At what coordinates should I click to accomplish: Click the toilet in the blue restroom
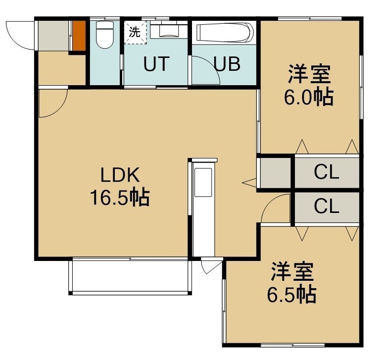104,35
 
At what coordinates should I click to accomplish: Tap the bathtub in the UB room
225,33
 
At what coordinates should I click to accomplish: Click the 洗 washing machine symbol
135,32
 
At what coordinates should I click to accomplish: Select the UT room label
156,64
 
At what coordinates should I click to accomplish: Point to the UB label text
227,64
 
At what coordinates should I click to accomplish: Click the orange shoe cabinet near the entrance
79,36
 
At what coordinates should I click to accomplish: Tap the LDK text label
120,175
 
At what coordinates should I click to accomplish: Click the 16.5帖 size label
120,197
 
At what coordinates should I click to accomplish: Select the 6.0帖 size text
309,97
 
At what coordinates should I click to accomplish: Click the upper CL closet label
327,172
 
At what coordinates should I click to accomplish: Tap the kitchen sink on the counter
203,182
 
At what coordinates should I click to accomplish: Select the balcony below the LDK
130,276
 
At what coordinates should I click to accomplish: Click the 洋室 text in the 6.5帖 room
292,272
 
